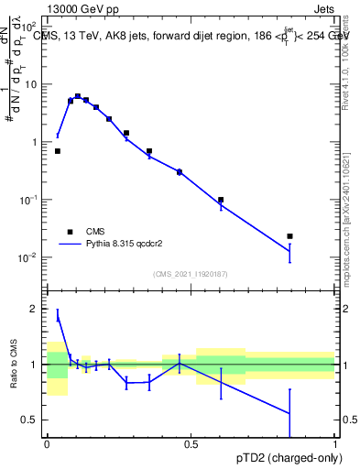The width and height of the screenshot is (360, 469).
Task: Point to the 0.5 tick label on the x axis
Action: tap(191, 443)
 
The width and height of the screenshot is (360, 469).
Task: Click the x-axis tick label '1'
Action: tap(335, 443)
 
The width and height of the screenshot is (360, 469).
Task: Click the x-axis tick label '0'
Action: tap(47, 443)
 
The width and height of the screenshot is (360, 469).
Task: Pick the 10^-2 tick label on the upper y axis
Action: tap(29, 257)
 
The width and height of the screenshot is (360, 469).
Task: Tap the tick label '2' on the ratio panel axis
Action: tap(35, 310)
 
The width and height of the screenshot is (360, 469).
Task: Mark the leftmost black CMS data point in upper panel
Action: tap(58, 151)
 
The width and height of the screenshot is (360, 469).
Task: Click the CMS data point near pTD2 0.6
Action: tap(221, 200)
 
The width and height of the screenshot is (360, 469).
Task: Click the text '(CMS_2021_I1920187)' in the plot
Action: tap(190, 273)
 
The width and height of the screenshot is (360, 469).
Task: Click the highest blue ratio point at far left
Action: tap(58, 317)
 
